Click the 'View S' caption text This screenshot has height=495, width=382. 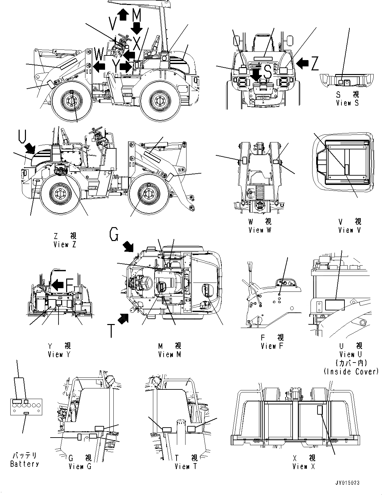coord(347,103)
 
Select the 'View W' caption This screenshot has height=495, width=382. coord(260,230)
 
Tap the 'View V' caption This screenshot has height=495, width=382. coord(349,230)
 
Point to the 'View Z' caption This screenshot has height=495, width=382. coord(65,244)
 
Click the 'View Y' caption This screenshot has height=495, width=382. coord(59,355)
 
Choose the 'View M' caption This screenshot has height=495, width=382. coord(170,355)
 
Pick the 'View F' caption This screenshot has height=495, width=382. coord(273,346)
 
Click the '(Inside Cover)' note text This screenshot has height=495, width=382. coord(351,371)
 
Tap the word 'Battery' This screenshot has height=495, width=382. coord(24,464)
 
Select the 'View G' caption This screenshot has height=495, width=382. coord(80,466)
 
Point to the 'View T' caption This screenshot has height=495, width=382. coord(186,466)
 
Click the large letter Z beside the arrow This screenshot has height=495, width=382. coord(315,63)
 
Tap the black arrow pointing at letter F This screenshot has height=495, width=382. coord(57,284)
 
